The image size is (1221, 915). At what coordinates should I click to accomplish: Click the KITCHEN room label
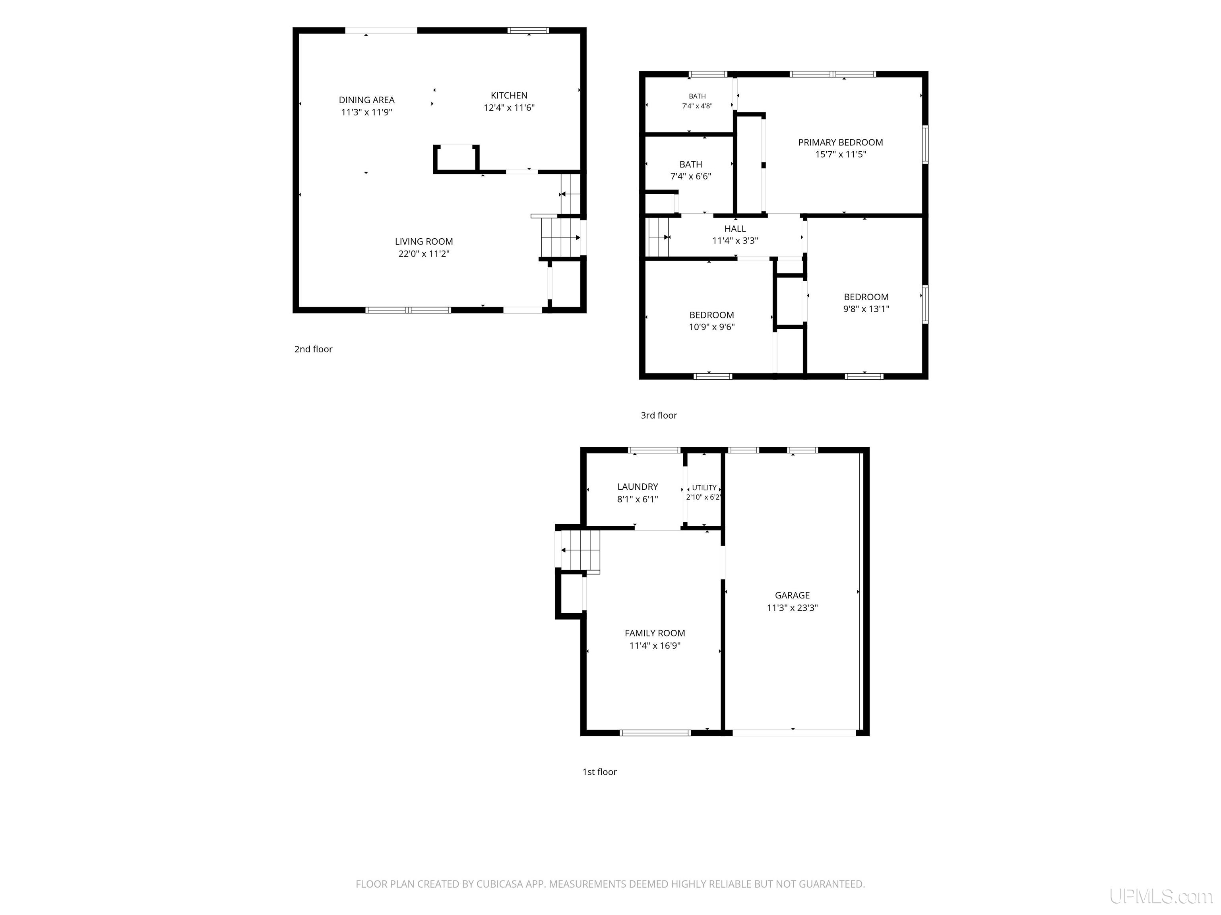509,95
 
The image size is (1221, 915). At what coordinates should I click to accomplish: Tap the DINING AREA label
366,100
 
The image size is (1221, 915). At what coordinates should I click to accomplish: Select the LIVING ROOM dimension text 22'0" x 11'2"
424,254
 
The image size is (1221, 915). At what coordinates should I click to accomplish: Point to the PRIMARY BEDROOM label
840,142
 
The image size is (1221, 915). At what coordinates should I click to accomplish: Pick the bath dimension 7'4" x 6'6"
690,176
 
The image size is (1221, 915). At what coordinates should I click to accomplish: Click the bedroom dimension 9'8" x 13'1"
866,309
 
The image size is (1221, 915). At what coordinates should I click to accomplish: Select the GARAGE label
792,595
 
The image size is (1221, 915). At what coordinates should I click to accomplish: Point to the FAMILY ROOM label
655,633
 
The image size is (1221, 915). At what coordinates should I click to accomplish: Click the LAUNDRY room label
638,486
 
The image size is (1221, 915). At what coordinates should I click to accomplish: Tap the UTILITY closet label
704,488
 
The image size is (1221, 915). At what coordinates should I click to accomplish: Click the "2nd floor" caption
314,349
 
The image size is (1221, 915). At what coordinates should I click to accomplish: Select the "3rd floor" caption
659,415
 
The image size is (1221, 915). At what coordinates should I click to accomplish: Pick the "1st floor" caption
599,772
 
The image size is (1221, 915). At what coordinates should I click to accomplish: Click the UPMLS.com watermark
1161,896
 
